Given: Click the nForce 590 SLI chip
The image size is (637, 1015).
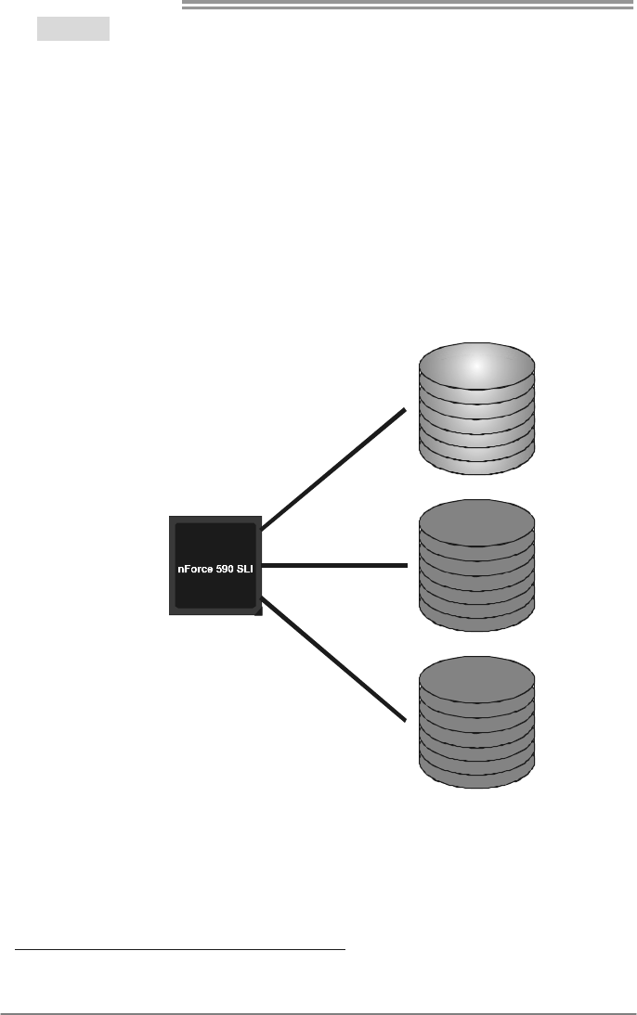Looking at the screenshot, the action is coord(214,565).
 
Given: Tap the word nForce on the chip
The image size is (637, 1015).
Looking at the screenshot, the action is coord(197,568).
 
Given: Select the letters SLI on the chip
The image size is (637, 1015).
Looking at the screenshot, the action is coord(244,568).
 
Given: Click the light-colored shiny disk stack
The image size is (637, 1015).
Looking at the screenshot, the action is coord(477,408).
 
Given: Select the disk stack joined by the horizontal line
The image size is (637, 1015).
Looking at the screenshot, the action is coord(477,566).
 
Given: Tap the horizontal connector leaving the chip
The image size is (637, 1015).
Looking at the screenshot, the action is coord(334,565).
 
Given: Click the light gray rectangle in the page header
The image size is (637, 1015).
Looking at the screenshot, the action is coord(73,29).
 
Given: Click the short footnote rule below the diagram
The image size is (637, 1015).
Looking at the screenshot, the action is coord(180,950).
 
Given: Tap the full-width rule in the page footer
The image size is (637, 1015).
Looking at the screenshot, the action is coord(318,1013).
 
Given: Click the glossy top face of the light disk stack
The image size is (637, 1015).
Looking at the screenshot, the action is coord(477,366).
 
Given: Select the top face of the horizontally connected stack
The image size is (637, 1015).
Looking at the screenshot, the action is coord(477,522).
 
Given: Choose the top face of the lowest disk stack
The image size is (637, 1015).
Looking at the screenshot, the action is coord(477,680).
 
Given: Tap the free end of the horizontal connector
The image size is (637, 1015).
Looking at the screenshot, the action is coord(405,565).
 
